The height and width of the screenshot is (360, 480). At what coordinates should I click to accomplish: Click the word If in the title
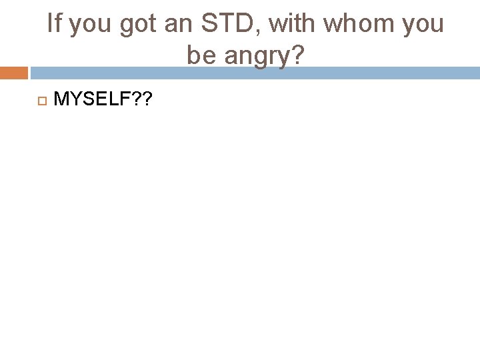54,24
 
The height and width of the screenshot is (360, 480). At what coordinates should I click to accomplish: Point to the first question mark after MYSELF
137,99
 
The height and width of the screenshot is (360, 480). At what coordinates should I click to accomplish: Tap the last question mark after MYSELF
148,99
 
